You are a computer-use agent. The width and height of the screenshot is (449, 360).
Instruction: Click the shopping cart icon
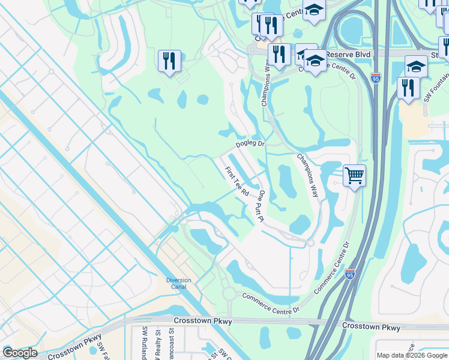354,176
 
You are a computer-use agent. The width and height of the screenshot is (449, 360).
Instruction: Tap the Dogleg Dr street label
250,144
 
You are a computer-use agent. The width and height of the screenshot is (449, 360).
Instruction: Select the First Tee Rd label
237,182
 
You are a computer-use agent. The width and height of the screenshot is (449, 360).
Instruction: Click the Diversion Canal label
178,284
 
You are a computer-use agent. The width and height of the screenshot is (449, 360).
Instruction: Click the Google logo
20,353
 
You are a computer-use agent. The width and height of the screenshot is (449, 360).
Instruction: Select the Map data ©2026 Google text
411,355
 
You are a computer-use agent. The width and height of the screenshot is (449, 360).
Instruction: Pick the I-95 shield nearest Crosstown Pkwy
350,274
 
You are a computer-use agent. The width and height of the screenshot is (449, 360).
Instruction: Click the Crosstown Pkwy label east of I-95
371,327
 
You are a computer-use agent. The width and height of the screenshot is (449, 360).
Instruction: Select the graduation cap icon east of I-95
416,66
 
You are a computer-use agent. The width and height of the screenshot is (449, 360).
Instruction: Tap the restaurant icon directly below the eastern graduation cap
408,88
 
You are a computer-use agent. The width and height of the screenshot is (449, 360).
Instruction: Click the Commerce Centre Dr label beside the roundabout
270,303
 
